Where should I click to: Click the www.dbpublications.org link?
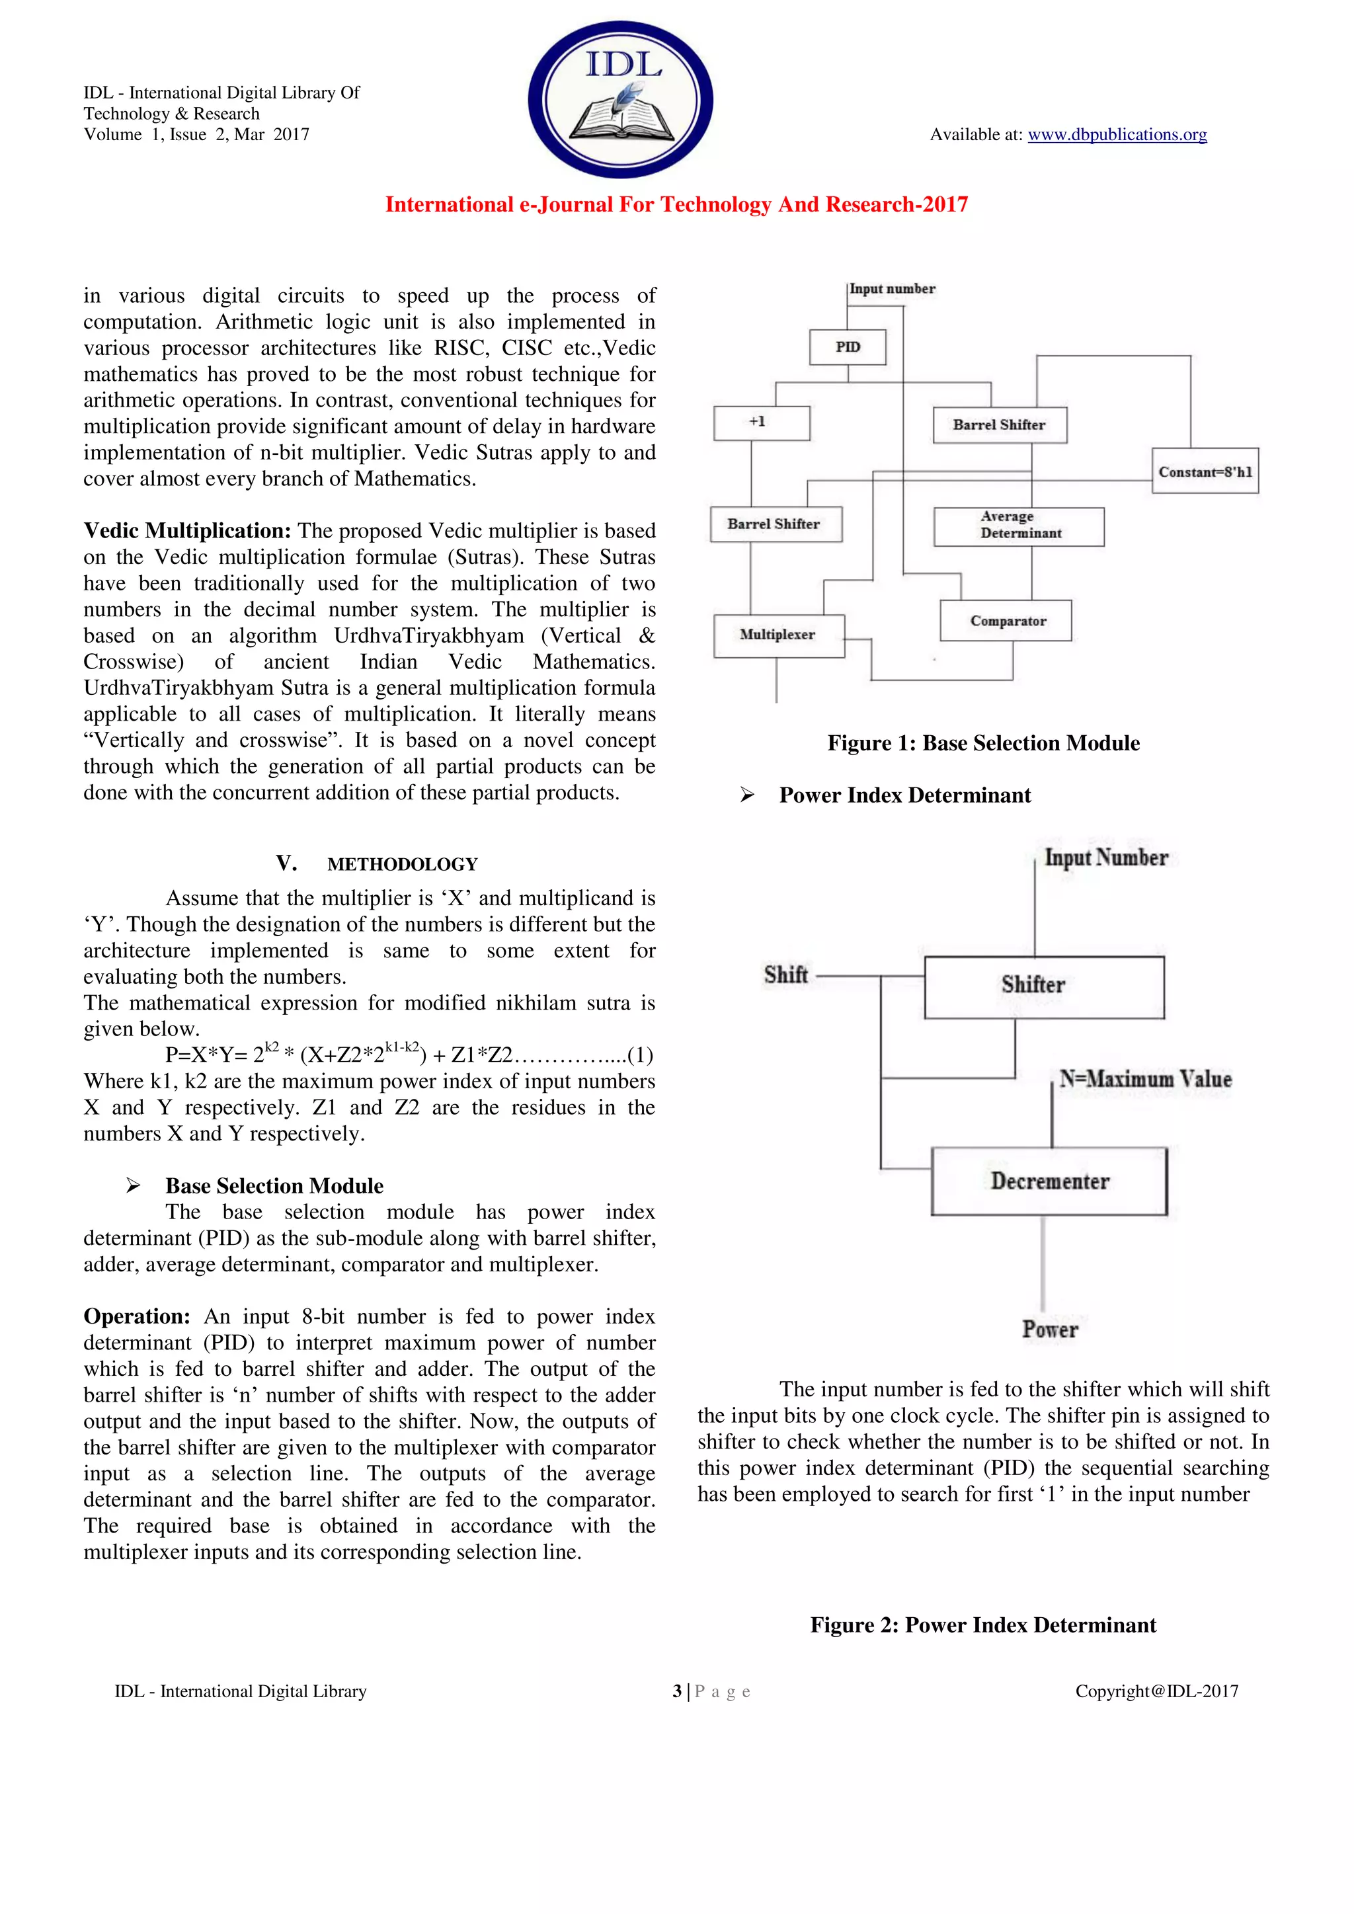(x=1117, y=134)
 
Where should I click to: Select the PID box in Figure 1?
(x=847, y=347)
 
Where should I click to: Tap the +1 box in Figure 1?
(x=760, y=422)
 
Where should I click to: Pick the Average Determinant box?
(x=1019, y=526)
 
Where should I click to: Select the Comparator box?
(x=1006, y=621)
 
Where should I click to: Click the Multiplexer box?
(x=778, y=635)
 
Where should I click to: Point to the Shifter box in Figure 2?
(x=1043, y=986)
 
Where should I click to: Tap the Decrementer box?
(x=1049, y=1181)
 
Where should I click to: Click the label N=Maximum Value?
(x=1144, y=1079)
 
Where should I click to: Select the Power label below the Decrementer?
(x=1050, y=1329)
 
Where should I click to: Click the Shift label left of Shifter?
(x=785, y=975)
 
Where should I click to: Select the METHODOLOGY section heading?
(x=402, y=865)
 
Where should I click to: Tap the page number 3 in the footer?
(x=677, y=1691)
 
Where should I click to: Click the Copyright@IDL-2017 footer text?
(x=1156, y=1691)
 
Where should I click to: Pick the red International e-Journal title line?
(x=676, y=204)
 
